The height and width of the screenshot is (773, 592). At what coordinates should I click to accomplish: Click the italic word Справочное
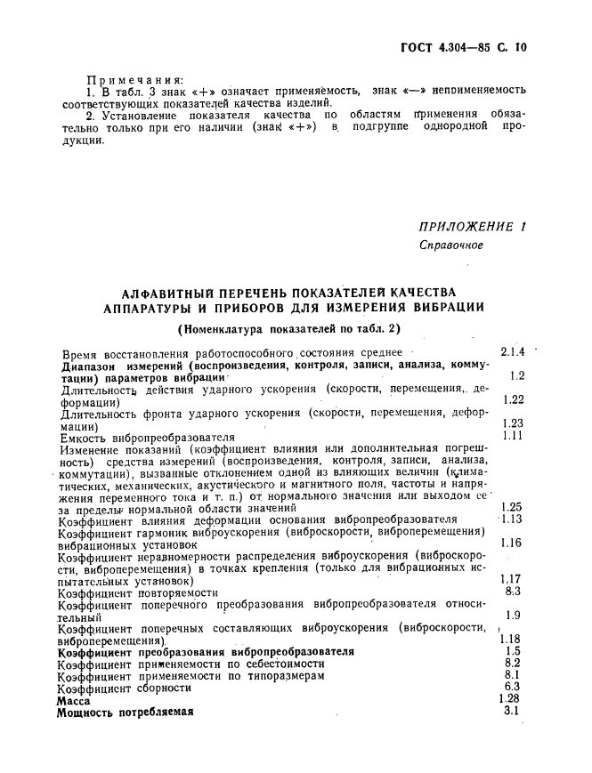[451, 246]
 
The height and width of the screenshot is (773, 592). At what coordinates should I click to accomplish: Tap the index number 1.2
[516, 375]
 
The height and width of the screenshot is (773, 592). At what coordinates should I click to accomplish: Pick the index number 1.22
[513, 399]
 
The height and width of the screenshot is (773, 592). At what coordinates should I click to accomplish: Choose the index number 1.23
[513, 423]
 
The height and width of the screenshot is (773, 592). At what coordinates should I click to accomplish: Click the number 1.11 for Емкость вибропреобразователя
[513, 435]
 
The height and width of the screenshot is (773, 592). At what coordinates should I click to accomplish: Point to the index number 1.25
[513, 507]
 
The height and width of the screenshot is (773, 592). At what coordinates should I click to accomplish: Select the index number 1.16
[512, 543]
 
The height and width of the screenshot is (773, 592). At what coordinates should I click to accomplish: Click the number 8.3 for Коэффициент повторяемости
[513, 591]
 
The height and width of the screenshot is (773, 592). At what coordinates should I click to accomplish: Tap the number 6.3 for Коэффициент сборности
[513, 687]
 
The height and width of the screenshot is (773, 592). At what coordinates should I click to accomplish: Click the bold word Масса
[74, 700]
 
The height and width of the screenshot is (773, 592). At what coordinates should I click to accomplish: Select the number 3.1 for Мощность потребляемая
[512, 711]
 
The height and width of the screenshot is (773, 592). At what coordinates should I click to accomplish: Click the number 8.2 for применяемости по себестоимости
[513, 663]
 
